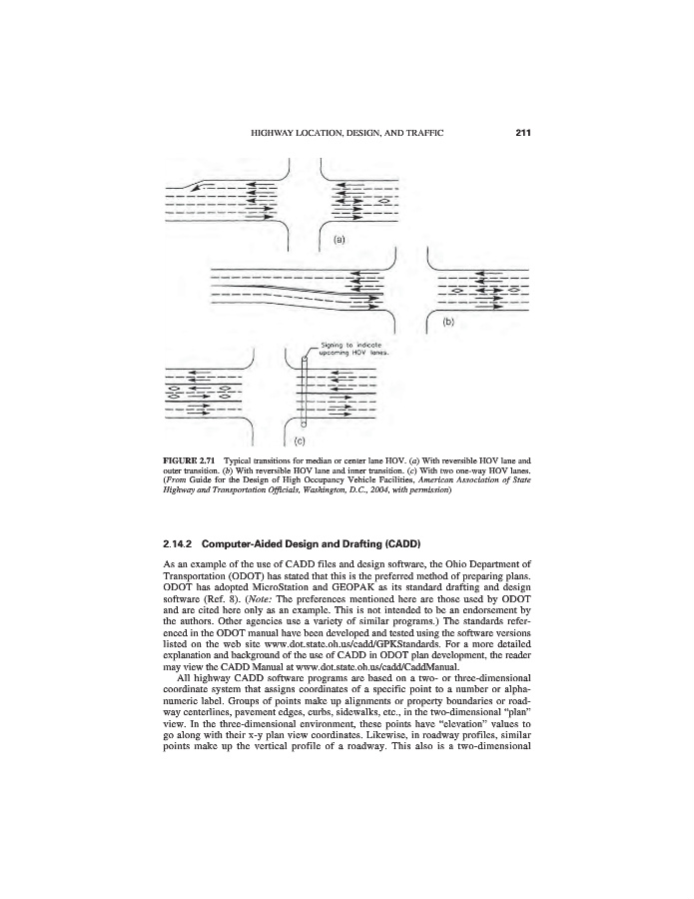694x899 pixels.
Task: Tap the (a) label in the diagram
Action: (x=339, y=240)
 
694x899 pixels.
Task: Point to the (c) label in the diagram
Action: (x=299, y=437)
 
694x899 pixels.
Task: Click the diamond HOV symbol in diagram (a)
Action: (x=383, y=203)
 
